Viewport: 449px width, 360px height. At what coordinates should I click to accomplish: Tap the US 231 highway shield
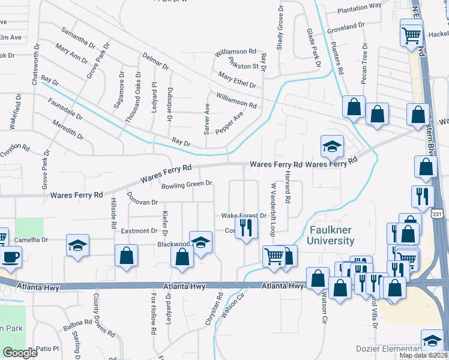point(438,214)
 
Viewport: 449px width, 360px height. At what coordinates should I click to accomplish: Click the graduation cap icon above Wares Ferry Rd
point(331,146)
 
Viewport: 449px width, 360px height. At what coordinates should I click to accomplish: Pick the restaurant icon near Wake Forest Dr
point(246,227)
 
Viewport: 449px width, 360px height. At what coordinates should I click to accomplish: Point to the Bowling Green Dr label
point(187,184)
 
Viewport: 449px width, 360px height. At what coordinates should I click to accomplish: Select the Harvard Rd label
point(288,185)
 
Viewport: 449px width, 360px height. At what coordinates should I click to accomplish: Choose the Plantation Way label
point(360,7)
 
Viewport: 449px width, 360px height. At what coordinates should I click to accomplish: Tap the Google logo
point(20,352)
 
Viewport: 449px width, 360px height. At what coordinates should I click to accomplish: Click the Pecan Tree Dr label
point(364,64)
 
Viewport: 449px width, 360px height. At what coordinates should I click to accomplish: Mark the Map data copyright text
point(423,355)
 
